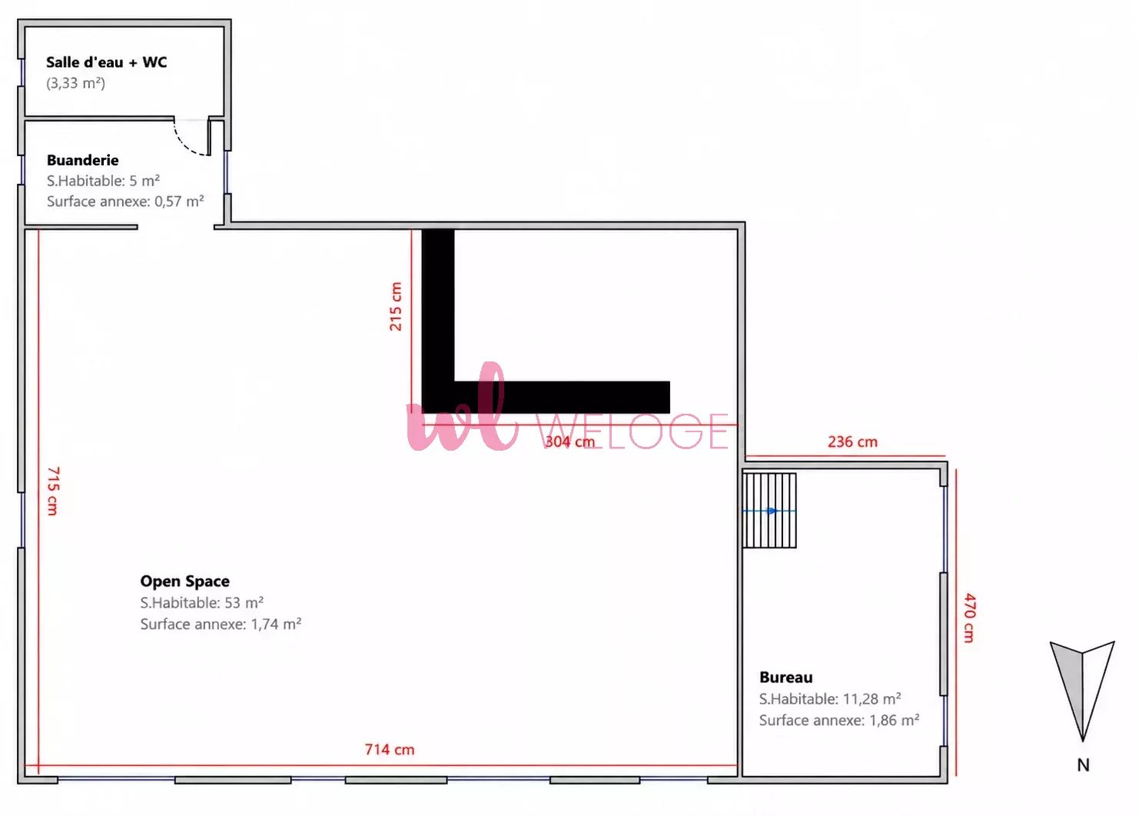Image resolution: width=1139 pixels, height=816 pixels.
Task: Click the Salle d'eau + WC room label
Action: pos(106,62)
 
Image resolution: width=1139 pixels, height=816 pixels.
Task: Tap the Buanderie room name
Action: pos(82,160)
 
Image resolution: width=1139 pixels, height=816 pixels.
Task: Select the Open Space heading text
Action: pos(184,581)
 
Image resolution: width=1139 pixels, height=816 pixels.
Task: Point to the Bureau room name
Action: pos(785,677)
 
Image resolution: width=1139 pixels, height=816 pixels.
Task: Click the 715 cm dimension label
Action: pos(53,491)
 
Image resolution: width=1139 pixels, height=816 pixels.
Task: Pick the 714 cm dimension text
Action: pos(390,749)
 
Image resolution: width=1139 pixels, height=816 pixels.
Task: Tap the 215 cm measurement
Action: pos(396,307)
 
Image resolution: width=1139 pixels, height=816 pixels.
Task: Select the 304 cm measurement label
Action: pos(569,441)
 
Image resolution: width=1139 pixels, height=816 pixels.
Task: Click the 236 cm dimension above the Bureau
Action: pos(853,441)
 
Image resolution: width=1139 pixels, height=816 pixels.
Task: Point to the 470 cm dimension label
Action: pos(970,618)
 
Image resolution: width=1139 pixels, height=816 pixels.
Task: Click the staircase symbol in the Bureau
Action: pos(769,511)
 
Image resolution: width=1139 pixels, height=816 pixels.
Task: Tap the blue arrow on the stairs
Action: pos(769,511)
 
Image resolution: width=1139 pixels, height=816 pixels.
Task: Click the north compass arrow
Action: pos(1083,691)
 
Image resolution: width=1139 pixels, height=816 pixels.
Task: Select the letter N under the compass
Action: pos(1083,765)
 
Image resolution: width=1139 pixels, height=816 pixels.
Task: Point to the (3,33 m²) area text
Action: pos(76,83)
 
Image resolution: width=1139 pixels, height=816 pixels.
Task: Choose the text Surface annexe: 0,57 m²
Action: pos(125,202)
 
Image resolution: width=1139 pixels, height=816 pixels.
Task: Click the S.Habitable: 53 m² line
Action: pos(202,603)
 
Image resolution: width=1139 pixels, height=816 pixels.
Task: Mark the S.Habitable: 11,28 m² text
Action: pos(830,699)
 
